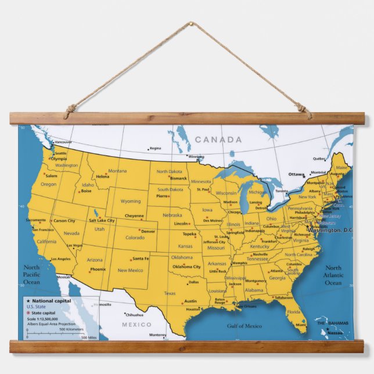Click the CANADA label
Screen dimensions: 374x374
(218, 139)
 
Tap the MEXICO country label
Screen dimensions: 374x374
(136, 324)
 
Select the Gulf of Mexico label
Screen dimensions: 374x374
(244, 326)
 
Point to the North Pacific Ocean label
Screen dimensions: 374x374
(31, 274)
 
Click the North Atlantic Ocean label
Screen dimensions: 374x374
(333, 275)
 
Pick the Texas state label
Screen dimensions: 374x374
(170, 293)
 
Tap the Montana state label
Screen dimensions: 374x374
(117, 171)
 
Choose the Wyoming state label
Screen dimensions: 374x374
(130, 202)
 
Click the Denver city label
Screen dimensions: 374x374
(148, 231)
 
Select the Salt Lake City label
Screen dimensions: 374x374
(102, 221)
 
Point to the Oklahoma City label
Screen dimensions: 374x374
(186, 267)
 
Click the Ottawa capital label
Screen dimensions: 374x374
(296, 174)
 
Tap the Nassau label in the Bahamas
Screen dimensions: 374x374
(335, 333)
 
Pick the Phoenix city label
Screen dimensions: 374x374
(98, 269)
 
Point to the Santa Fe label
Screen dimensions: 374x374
(141, 258)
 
